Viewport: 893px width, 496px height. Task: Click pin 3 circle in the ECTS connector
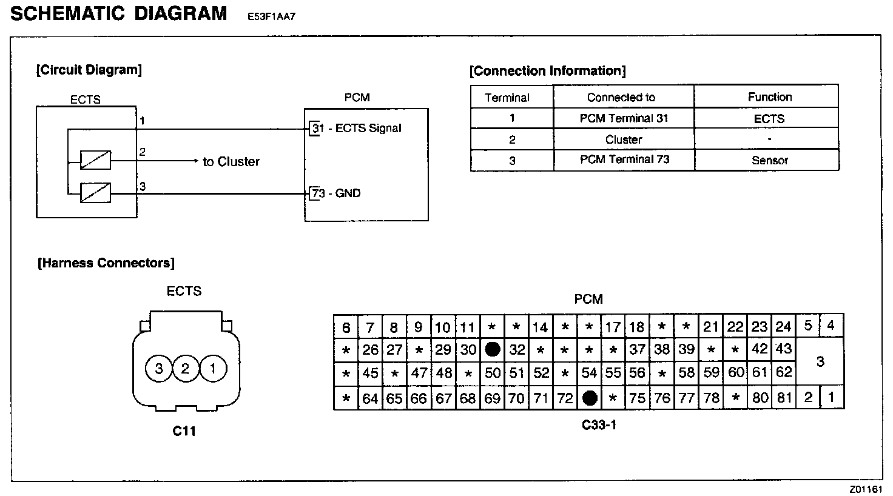[x=159, y=369]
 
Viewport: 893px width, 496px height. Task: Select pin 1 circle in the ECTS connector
[x=212, y=369]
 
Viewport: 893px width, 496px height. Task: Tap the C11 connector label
[x=184, y=431]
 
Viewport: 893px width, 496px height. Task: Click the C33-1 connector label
[x=599, y=425]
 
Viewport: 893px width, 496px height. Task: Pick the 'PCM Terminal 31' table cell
[x=624, y=118]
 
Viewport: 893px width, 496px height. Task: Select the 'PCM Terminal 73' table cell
[x=624, y=160]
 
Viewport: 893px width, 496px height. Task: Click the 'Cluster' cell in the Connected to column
[x=624, y=139]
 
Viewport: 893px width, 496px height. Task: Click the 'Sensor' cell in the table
[x=769, y=161]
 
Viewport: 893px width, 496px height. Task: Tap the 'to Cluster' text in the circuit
[x=231, y=162]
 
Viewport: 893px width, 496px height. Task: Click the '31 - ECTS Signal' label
[x=357, y=129]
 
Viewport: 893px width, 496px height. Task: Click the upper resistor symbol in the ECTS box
[x=96, y=161]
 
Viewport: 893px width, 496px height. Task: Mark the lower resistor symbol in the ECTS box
[x=96, y=193]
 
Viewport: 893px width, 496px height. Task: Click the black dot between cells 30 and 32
[x=493, y=349]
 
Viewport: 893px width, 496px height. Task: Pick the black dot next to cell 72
[x=590, y=398]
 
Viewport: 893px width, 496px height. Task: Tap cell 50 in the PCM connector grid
[x=493, y=373]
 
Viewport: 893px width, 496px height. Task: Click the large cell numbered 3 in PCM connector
[x=820, y=362]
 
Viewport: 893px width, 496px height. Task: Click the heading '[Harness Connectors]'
[x=106, y=263]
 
